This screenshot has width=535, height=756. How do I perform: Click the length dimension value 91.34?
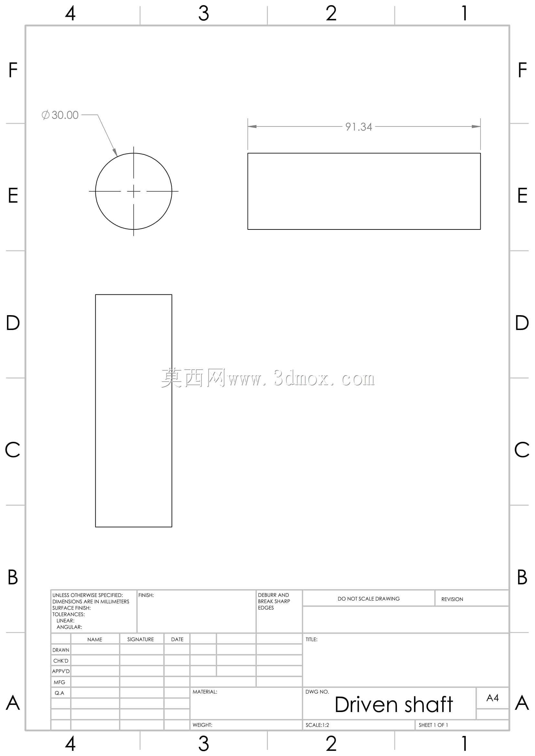pyautogui.click(x=359, y=127)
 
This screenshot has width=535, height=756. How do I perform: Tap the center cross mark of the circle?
pyautogui.click(x=133, y=191)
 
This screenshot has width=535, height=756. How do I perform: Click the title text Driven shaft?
pyautogui.click(x=394, y=705)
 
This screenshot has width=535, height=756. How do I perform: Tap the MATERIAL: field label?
pyautogui.click(x=205, y=692)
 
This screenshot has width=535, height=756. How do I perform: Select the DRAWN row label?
pyautogui.click(x=61, y=650)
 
